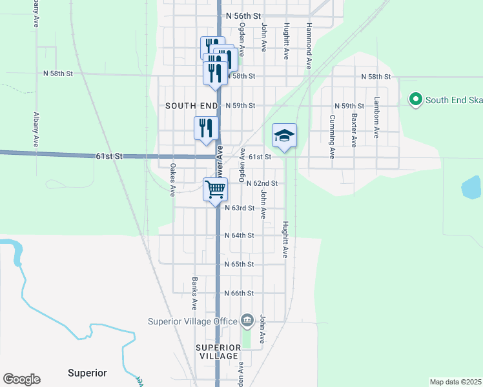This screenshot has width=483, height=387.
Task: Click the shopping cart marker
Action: (216, 190)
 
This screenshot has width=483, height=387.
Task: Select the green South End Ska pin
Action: (416, 99)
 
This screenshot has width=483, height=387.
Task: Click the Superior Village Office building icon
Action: (247, 321)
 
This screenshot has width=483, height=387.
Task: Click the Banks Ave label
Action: (194, 293)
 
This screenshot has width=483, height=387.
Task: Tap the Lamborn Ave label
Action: (376, 118)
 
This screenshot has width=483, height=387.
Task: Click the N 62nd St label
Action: (262, 183)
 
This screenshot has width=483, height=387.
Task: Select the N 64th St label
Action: (239, 235)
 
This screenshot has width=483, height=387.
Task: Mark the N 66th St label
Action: (239, 293)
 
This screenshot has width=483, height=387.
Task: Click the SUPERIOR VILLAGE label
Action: (218, 352)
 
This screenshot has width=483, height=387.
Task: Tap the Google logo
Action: (21, 379)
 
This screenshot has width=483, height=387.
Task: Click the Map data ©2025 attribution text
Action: (455, 381)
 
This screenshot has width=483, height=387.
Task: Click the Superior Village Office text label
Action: (192, 321)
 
